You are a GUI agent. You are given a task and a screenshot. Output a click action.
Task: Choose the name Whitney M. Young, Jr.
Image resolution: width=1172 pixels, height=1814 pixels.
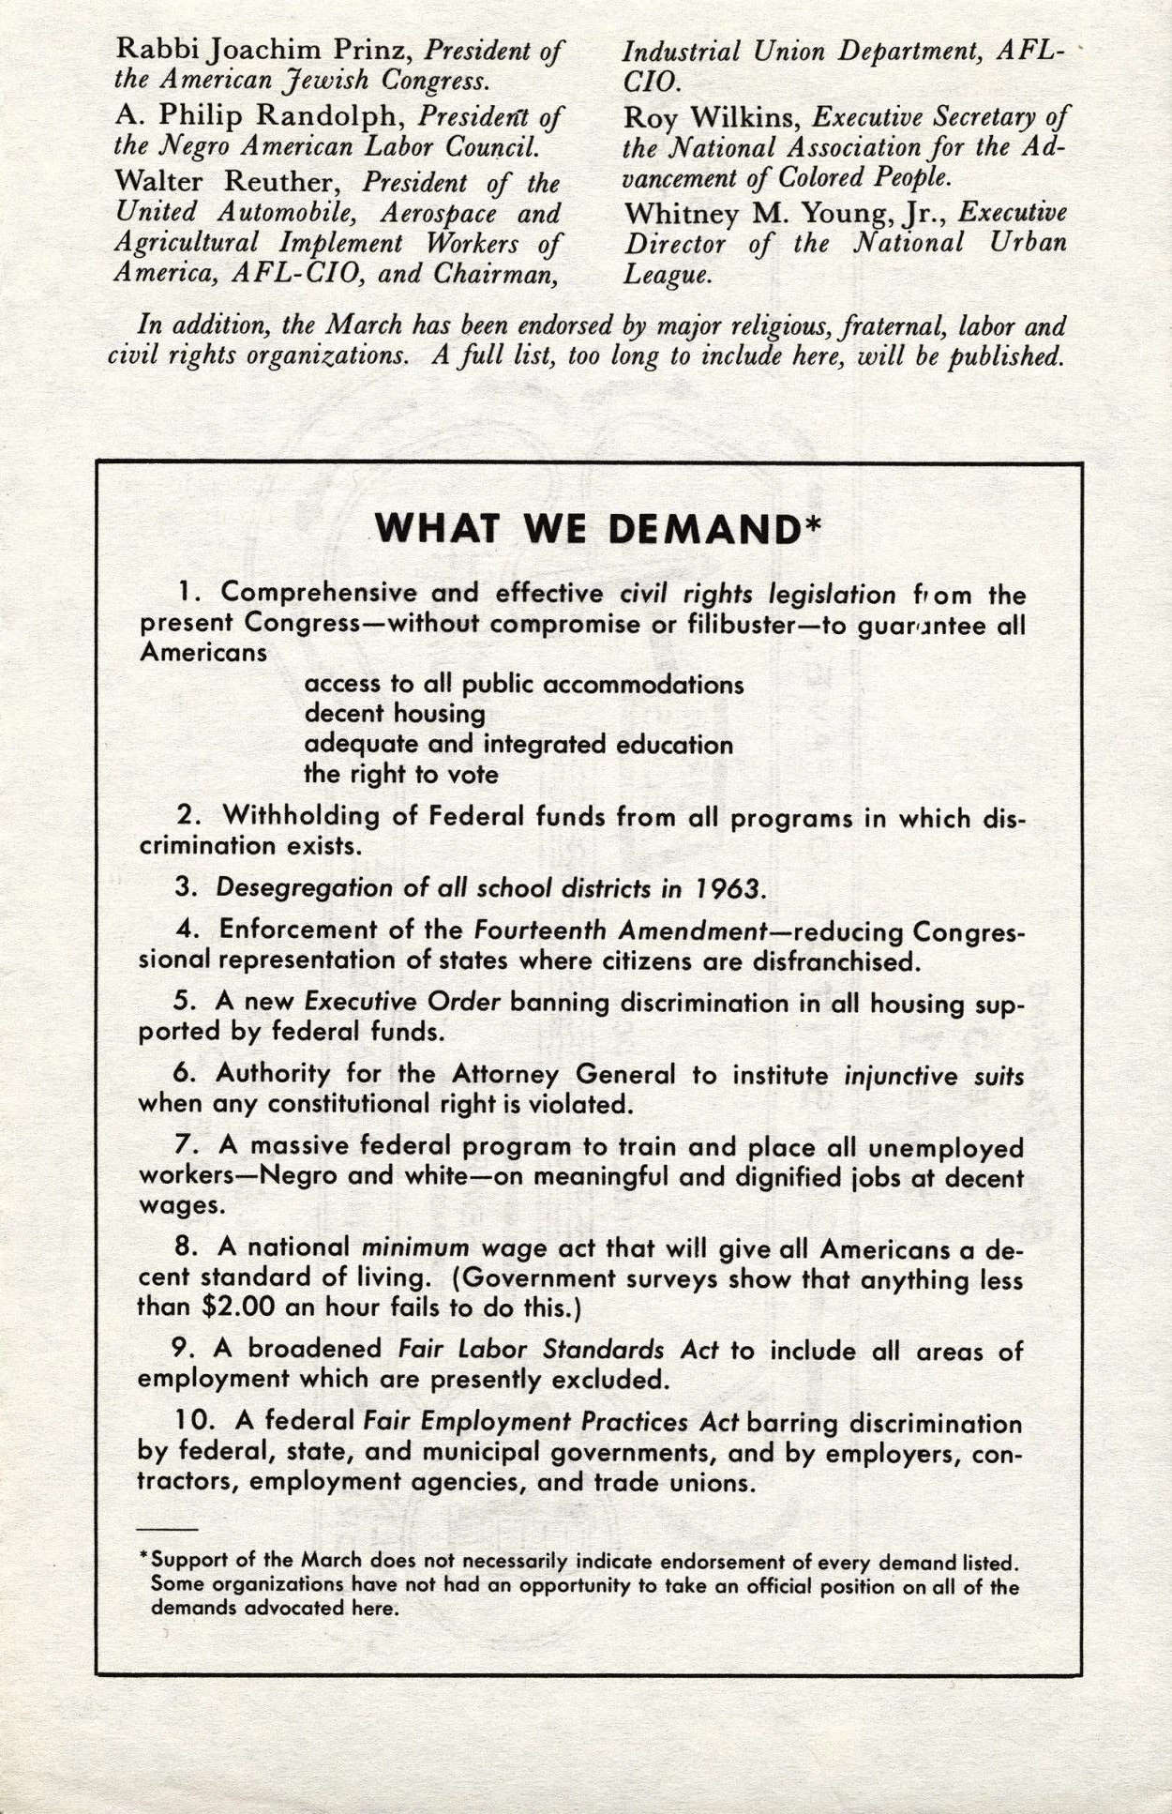pos(786,213)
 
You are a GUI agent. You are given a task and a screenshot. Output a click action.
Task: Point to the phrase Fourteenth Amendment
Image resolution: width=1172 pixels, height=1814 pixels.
pos(620,930)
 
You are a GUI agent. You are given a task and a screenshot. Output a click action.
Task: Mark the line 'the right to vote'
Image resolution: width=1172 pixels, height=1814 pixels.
pos(400,775)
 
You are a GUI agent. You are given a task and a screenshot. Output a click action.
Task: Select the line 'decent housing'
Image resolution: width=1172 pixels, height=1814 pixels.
pos(394,714)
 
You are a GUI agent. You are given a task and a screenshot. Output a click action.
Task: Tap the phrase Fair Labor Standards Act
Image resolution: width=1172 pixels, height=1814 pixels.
pos(558,1350)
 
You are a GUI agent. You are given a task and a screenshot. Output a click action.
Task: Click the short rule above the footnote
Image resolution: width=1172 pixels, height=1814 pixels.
pos(166,1530)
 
